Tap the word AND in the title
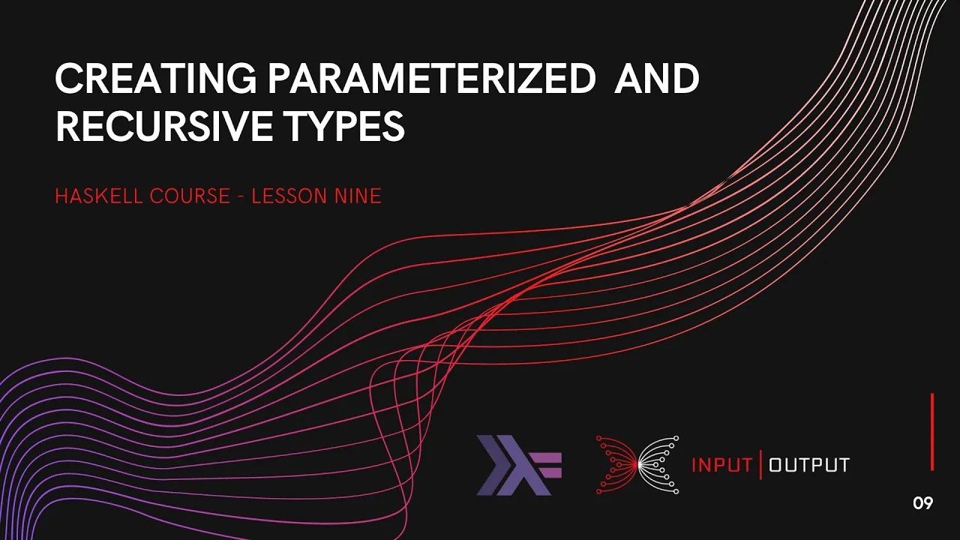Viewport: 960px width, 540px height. pyautogui.click(x=656, y=79)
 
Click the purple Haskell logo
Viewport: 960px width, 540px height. pyautogui.click(x=518, y=466)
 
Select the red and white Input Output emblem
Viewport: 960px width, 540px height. pyautogui.click(x=637, y=465)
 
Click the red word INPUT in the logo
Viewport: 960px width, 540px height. pyautogui.click(x=721, y=465)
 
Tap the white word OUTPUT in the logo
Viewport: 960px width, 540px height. pyautogui.click(x=809, y=465)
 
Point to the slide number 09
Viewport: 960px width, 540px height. pyautogui.click(x=923, y=503)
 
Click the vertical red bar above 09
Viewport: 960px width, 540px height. pyautogui.click(x=932, y=432)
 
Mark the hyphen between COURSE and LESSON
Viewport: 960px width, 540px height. pyautogui.click(x=240, y=197)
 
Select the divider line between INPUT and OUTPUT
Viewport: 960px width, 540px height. pyautogui.click(x=761, y=465)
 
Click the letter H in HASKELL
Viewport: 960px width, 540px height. pyautogui.click(x=61, y=196)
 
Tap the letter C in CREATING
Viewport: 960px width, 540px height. pyautogui.click(x=68, y=79)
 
